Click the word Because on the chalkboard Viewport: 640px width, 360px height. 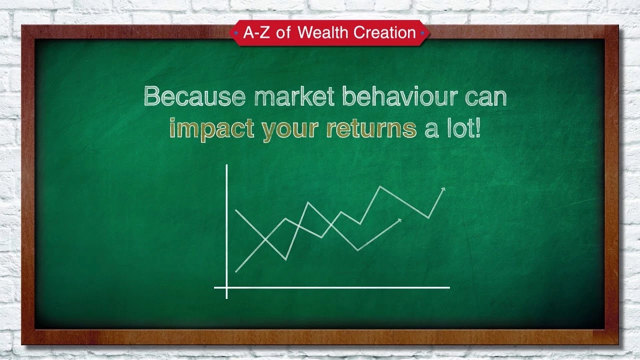pyautogui.click(x=194, y=96)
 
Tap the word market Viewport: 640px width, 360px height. pyautogui.click(x=294, y=96)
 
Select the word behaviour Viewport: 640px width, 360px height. pyautogui.click(x=399, y=96)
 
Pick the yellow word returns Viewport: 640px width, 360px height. pyautogui.click(x=371, y=128)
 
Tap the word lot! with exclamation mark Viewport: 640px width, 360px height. pyautogui.click(x=463, y=127)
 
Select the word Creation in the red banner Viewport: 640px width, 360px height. pyautogui.click(x=384, y=32)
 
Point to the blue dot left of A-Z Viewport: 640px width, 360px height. pyautogui.click(x=236, y=33)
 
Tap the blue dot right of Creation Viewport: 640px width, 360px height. pyautogui.click(x=422, y=33)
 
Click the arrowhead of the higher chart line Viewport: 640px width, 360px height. pyautogui.click(x=443, y=189)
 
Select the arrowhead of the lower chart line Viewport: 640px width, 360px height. pyautogui.click(x=399, y=220)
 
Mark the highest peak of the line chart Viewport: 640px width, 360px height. pyautogui.click(x=380, y=186)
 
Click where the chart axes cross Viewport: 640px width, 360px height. pyautogui.click(x=226, y=287)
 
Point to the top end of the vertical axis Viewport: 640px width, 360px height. pyautogui.click(x=226, y=165)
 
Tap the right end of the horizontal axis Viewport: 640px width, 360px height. pyautogui.click(x=449, y=287)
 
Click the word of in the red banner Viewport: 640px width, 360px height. pyautogui.click(x=283, y=32)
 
